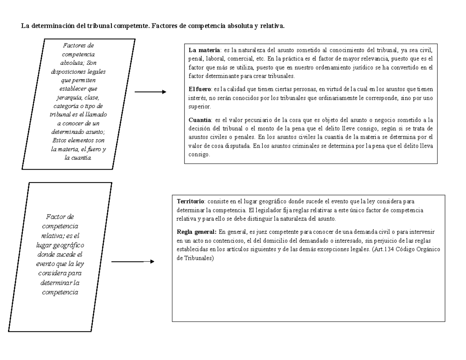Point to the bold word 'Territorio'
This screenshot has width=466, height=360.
pyautogui.click(x=191, y=201)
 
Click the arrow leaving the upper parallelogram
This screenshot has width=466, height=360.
pyautogui.click(x=150, y=92)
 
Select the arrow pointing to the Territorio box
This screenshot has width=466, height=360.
pyautogui.click(x=132, y=262)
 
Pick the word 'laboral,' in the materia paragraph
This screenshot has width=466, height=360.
pyautogui.click(x=216, y=59)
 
